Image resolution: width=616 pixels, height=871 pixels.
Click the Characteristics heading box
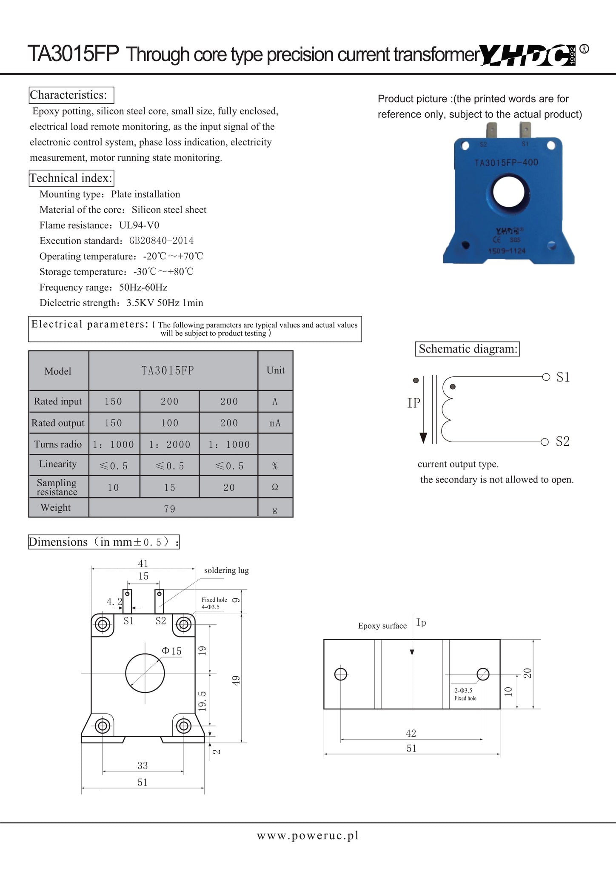coord(71,95)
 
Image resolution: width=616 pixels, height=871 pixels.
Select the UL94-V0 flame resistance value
coord(139,225)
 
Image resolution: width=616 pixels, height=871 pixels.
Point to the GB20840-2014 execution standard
coord(161,241)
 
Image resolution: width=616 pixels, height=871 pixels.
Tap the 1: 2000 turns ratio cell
coord(169,444)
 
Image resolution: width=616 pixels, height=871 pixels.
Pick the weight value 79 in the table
coord(169,509)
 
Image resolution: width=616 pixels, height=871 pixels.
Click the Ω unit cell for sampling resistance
coord(275,487)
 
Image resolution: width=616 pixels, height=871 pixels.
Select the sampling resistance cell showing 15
coord(169,487)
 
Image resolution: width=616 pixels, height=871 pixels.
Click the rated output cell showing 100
coord(169,423)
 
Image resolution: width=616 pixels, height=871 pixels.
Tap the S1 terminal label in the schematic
coord(563,377)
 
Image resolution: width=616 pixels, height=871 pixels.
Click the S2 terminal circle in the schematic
coord(545,442)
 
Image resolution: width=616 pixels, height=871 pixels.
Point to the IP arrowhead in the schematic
coord(423,438)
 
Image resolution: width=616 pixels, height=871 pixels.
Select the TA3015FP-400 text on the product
coord(506,162)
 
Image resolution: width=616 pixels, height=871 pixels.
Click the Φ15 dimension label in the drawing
coord(171,651)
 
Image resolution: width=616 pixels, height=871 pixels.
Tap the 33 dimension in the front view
coord(143,766)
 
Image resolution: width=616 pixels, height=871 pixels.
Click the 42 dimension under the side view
coord(411,733)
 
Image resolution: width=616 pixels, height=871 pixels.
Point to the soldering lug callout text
coord(226,570)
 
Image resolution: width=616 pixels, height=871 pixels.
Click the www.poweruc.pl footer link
coord(308,836)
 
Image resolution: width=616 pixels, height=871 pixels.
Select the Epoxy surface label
coord(382,626)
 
